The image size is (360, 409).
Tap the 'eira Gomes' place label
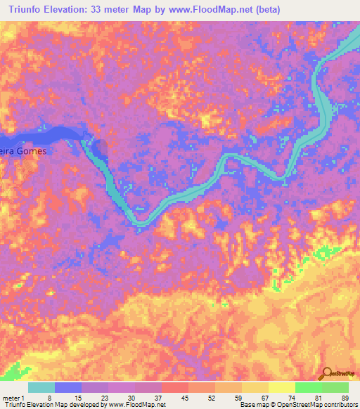point(23,150)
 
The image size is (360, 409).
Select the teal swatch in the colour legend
point(41,387)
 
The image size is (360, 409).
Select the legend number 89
point(345,398)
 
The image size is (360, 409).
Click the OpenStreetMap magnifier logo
point(326,373)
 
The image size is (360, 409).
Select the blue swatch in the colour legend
point(68,387)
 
